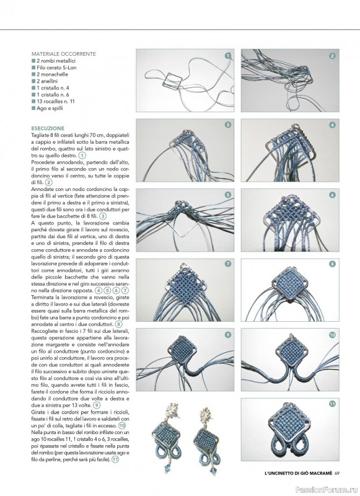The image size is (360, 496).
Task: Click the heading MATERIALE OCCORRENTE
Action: [x=64, y=54]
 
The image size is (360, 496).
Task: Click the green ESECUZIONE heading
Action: [x=48, y=128]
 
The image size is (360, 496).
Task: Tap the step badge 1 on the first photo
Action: [x=227, y=56]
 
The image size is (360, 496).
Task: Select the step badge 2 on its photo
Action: [x=332, y=56]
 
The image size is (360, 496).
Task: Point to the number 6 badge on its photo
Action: [x=332, y=195]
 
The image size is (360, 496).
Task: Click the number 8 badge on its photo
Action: [x=332, y=264]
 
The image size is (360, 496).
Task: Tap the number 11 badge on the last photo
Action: [x=332, y=404]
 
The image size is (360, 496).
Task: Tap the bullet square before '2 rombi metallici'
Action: [x=33, y=61]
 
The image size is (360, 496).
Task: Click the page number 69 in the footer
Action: [x=336, y=473]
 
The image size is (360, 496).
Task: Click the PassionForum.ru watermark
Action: [x=327, y=490]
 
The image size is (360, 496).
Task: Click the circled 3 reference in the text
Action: [x=103, y=216]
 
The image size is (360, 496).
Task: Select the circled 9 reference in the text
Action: [x=97, y=405]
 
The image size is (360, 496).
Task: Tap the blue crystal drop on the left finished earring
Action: [x=167, y=467]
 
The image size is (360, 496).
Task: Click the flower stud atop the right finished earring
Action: [x=206, y=414]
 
